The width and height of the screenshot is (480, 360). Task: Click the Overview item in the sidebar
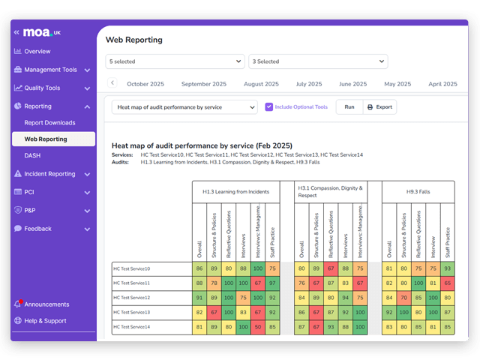click(x=37, y=52)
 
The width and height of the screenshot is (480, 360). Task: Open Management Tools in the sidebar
click(x=50, y=70)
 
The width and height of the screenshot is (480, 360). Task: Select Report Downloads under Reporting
click(x=49, y=122)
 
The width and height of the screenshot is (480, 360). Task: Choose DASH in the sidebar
click(x=33, y=155)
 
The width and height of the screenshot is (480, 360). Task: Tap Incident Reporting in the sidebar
click(x=49, y=174)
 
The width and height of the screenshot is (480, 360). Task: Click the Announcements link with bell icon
click(x=46, y=304)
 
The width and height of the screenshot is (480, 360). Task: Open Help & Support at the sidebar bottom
click(x=46, y=321)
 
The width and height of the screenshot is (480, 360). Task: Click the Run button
click(x=349, y=107)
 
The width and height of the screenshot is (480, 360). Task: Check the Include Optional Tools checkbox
click(x=269, y=107)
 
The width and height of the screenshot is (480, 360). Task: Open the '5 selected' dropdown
click(x=175, y=61)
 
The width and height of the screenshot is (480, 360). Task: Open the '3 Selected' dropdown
click(x=318, y=61)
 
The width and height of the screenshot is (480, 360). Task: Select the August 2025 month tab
click(x=261, y=84)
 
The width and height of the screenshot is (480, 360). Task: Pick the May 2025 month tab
click(x=400, y=84)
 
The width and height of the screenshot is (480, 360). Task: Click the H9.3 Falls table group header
click(x=418, y=191)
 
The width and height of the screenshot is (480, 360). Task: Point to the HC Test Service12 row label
click(x=132, y=298)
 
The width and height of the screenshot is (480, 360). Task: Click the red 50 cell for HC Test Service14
click(x=258, y=327)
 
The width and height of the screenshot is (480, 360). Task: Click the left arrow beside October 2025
click(x=112, y=83)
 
